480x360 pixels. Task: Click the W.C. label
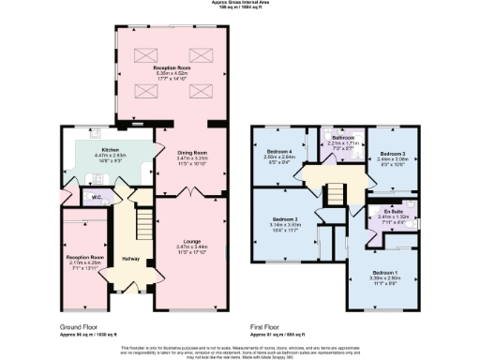click(97, 197)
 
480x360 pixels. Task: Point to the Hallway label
click(132, 258)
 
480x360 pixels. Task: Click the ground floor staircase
click(143, 225)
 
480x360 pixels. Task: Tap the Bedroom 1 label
click(384, 273)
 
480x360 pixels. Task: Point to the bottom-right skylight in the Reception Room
click(200, 90)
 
